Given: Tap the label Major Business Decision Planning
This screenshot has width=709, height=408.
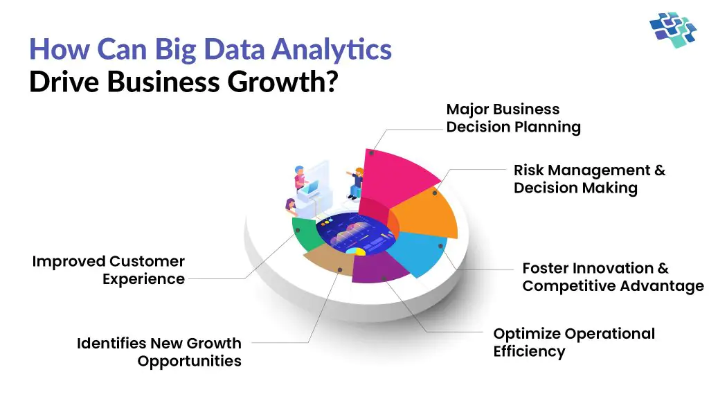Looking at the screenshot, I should click(513, 118).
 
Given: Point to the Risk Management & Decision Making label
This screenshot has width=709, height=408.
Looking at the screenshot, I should click(589, 179).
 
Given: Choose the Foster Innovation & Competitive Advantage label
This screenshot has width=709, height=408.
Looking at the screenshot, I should click(612, 277).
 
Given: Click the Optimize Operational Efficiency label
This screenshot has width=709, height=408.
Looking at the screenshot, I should click(573, 342).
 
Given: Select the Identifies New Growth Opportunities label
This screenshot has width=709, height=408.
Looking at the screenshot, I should click(159, 352).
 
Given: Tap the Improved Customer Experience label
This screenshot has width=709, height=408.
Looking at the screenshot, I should click(109, 270).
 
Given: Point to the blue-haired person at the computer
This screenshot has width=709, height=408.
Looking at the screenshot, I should click(300, 177).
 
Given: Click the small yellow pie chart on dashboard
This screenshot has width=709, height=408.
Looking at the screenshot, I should click(355, 250).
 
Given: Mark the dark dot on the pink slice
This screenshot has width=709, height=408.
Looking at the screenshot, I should click(372, 152).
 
